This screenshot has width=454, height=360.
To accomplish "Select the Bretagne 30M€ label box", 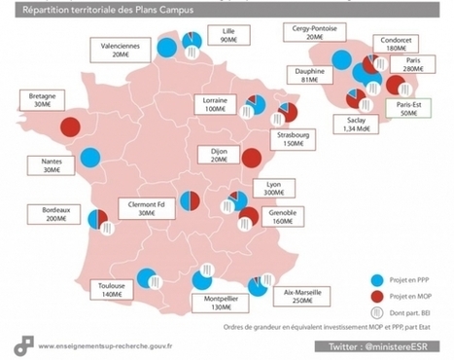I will (x=37, y=102).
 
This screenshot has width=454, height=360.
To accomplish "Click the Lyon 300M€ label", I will (x=274, y=188).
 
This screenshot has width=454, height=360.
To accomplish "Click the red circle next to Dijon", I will (x=251, y=158).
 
